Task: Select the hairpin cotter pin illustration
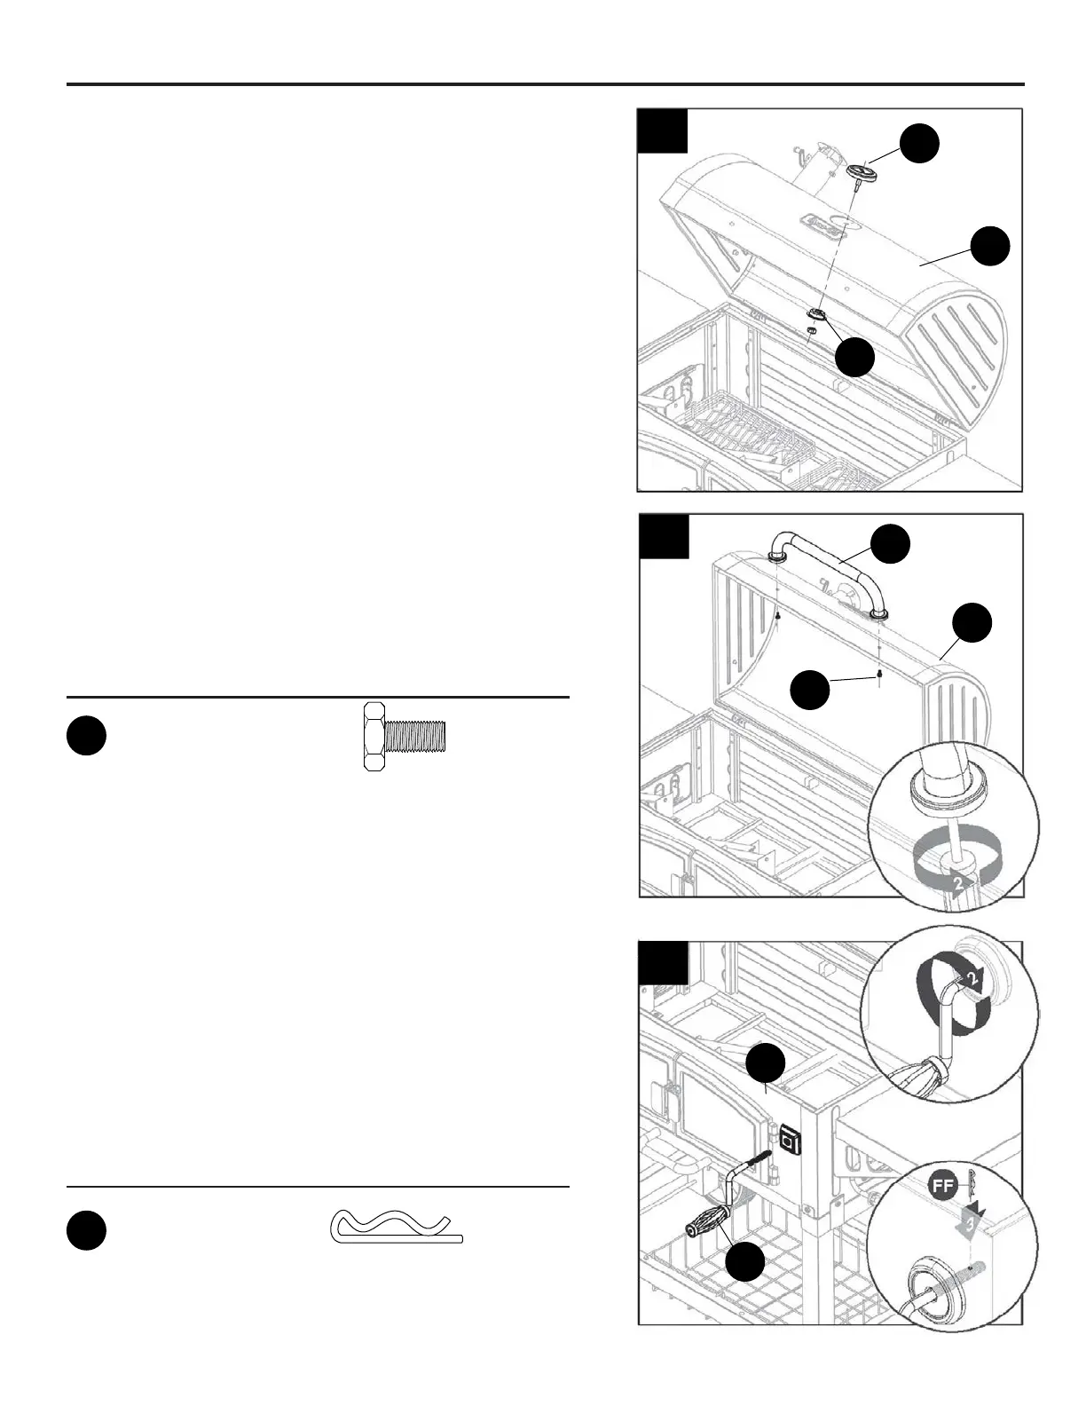(x=397, y=1228)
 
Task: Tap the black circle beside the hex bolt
(x=86, y=737)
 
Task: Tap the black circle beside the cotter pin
(x=86, y=1230)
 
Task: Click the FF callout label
(x=942, y=1184)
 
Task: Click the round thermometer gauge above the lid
(x=859, y=172)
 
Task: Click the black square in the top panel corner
(x=663, y=131)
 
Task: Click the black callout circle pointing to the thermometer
(x=919, y=143)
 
